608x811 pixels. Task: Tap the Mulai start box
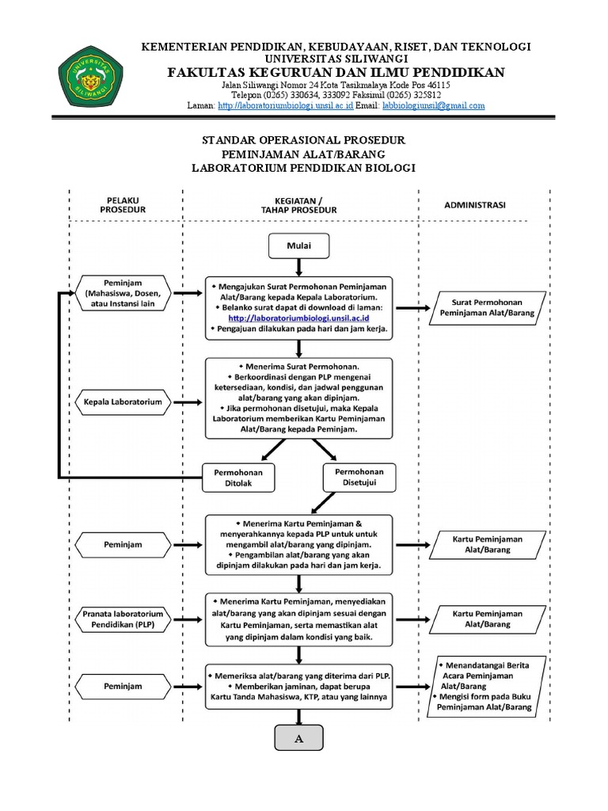coord(299,246)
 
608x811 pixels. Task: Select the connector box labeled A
coord(299,738)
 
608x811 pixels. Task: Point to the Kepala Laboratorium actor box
coord(123,402)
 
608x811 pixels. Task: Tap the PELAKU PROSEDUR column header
coord(123,204)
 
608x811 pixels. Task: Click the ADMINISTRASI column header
coord(475,204)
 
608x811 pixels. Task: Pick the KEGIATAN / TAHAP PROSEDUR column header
coord(299,204)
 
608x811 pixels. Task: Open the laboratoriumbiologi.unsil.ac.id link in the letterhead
coord(285,105)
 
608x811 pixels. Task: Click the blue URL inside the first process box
coord(298,317)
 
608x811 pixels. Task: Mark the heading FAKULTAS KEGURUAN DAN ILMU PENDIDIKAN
coord(336,73)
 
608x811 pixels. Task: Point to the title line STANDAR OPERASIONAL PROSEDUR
coord(304,140)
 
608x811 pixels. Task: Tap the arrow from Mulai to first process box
coord(299,267)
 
